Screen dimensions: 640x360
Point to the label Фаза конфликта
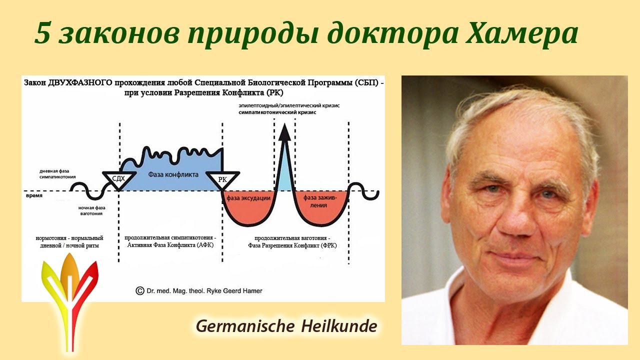click(x=173, y=174)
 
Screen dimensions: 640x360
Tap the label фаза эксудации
click(x=248, y=198)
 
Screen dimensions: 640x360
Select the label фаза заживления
click(x=319, y=201)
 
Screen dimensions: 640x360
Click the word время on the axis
click(x=34, y=195)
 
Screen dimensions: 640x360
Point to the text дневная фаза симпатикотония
click(x=57, y=174)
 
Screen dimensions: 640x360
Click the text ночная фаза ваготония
click(x=91, y=211)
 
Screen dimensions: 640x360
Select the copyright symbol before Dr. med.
click(x=139, y=291)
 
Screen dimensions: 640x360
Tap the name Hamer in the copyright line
click(x=252, y=291)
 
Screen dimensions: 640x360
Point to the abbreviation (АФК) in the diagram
click(x=203, y=245)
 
